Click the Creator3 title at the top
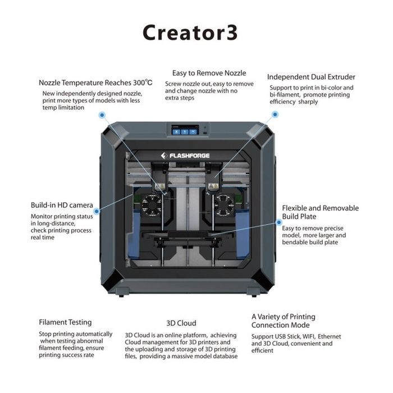point(190,33)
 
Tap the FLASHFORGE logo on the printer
point(185,156)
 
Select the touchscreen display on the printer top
point(185,130)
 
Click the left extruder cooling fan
point(152,205)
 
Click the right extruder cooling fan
point(224,205)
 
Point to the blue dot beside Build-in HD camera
point(97,211)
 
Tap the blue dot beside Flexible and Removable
point(278,222)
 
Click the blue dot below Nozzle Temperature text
point(102,115)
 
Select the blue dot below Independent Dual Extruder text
point(275,115)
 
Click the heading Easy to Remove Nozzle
point(209,73)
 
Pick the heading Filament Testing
point(65,322)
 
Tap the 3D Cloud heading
point(181,323)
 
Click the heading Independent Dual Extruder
point(311,77)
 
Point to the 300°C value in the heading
point(143,83)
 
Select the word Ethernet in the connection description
point(330,336)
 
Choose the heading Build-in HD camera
point(62,205)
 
